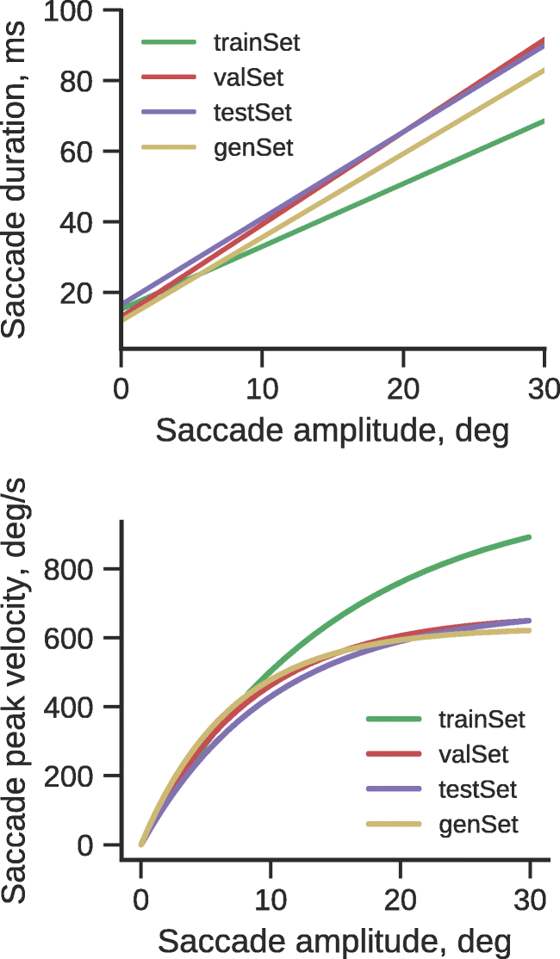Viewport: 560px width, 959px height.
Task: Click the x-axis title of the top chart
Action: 333,429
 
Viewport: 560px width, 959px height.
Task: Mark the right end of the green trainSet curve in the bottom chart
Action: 529,537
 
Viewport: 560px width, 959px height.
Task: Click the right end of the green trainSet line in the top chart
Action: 544,121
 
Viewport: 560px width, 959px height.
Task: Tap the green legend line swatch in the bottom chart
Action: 392,719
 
